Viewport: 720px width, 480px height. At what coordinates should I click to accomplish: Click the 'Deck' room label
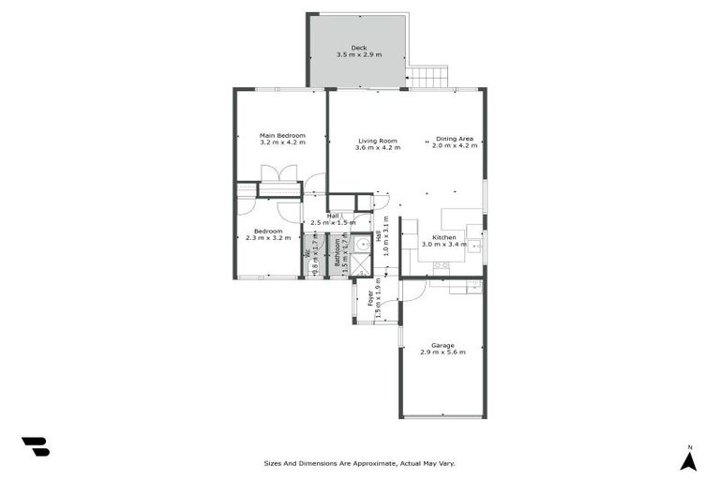(359, 48)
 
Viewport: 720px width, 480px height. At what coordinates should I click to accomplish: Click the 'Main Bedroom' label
(282, 136)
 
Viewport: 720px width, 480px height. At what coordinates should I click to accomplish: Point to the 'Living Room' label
(378, 141)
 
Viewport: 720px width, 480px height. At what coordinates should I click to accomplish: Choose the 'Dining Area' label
(454, 139)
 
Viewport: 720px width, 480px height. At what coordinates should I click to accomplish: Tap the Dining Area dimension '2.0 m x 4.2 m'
(454, 146)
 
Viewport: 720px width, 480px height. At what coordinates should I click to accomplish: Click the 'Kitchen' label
(443, 237)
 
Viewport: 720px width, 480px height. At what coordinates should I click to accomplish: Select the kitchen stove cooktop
(441, 267)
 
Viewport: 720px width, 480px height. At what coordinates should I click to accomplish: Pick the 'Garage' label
(442, 344)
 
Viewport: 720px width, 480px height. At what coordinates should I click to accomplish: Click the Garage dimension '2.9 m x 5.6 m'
(442, 352)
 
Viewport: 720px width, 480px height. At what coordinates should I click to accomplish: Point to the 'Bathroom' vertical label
(337, 254)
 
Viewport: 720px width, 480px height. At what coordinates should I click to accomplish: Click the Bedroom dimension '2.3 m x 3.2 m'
(267, 238)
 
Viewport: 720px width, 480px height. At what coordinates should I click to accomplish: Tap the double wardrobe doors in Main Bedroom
(278, 173)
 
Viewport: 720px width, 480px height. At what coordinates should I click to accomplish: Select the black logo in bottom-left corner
(35, 446)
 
